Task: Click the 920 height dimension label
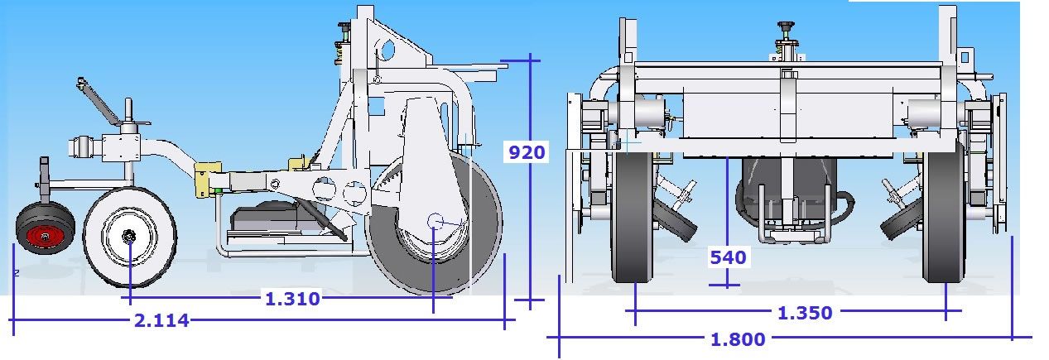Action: (527, 152)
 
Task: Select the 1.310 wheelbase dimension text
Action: (292, 299)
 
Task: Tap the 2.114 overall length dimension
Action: (161, 320)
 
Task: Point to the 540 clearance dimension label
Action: (728, 257)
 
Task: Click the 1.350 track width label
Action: (805, 313)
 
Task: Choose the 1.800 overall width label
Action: (738, 339)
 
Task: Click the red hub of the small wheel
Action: (45, 236)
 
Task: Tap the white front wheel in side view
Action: (130, 237)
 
